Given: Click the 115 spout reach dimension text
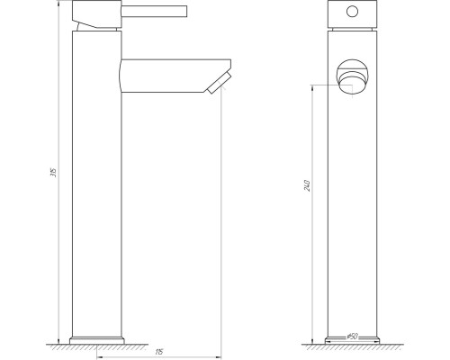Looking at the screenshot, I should pyautogui.click(x=158, y=350).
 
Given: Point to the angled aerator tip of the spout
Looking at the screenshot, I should pyautogui.click(x=216, y=84).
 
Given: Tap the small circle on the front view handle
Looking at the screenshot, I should pyautogui.click(x=349, y=14).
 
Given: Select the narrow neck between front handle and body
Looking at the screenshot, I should pyautogui.click(x=349, y=31).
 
